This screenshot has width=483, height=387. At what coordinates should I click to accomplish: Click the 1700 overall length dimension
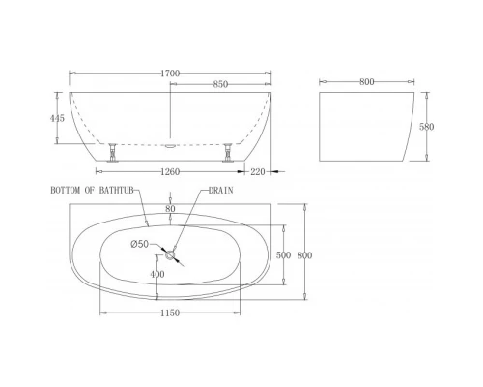point(172,73)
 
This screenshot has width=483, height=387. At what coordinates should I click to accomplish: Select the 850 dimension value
point(220,84)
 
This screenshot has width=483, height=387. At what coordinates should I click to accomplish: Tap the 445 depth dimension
point(60,118)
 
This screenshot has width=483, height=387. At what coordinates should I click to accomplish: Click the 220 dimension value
point(256,172)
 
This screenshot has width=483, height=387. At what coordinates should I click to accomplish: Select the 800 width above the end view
point(366,82)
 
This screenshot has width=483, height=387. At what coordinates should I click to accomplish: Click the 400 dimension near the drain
point(157,274)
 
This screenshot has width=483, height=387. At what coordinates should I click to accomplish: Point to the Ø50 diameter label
point(141,244)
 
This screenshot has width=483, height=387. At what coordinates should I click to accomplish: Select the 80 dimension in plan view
point(170,207)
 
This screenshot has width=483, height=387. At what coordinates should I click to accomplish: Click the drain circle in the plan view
point(171,255)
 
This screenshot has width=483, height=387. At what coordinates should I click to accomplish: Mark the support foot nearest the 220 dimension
point(228,151)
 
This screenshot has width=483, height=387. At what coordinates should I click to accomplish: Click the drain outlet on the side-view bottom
point(171,147)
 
